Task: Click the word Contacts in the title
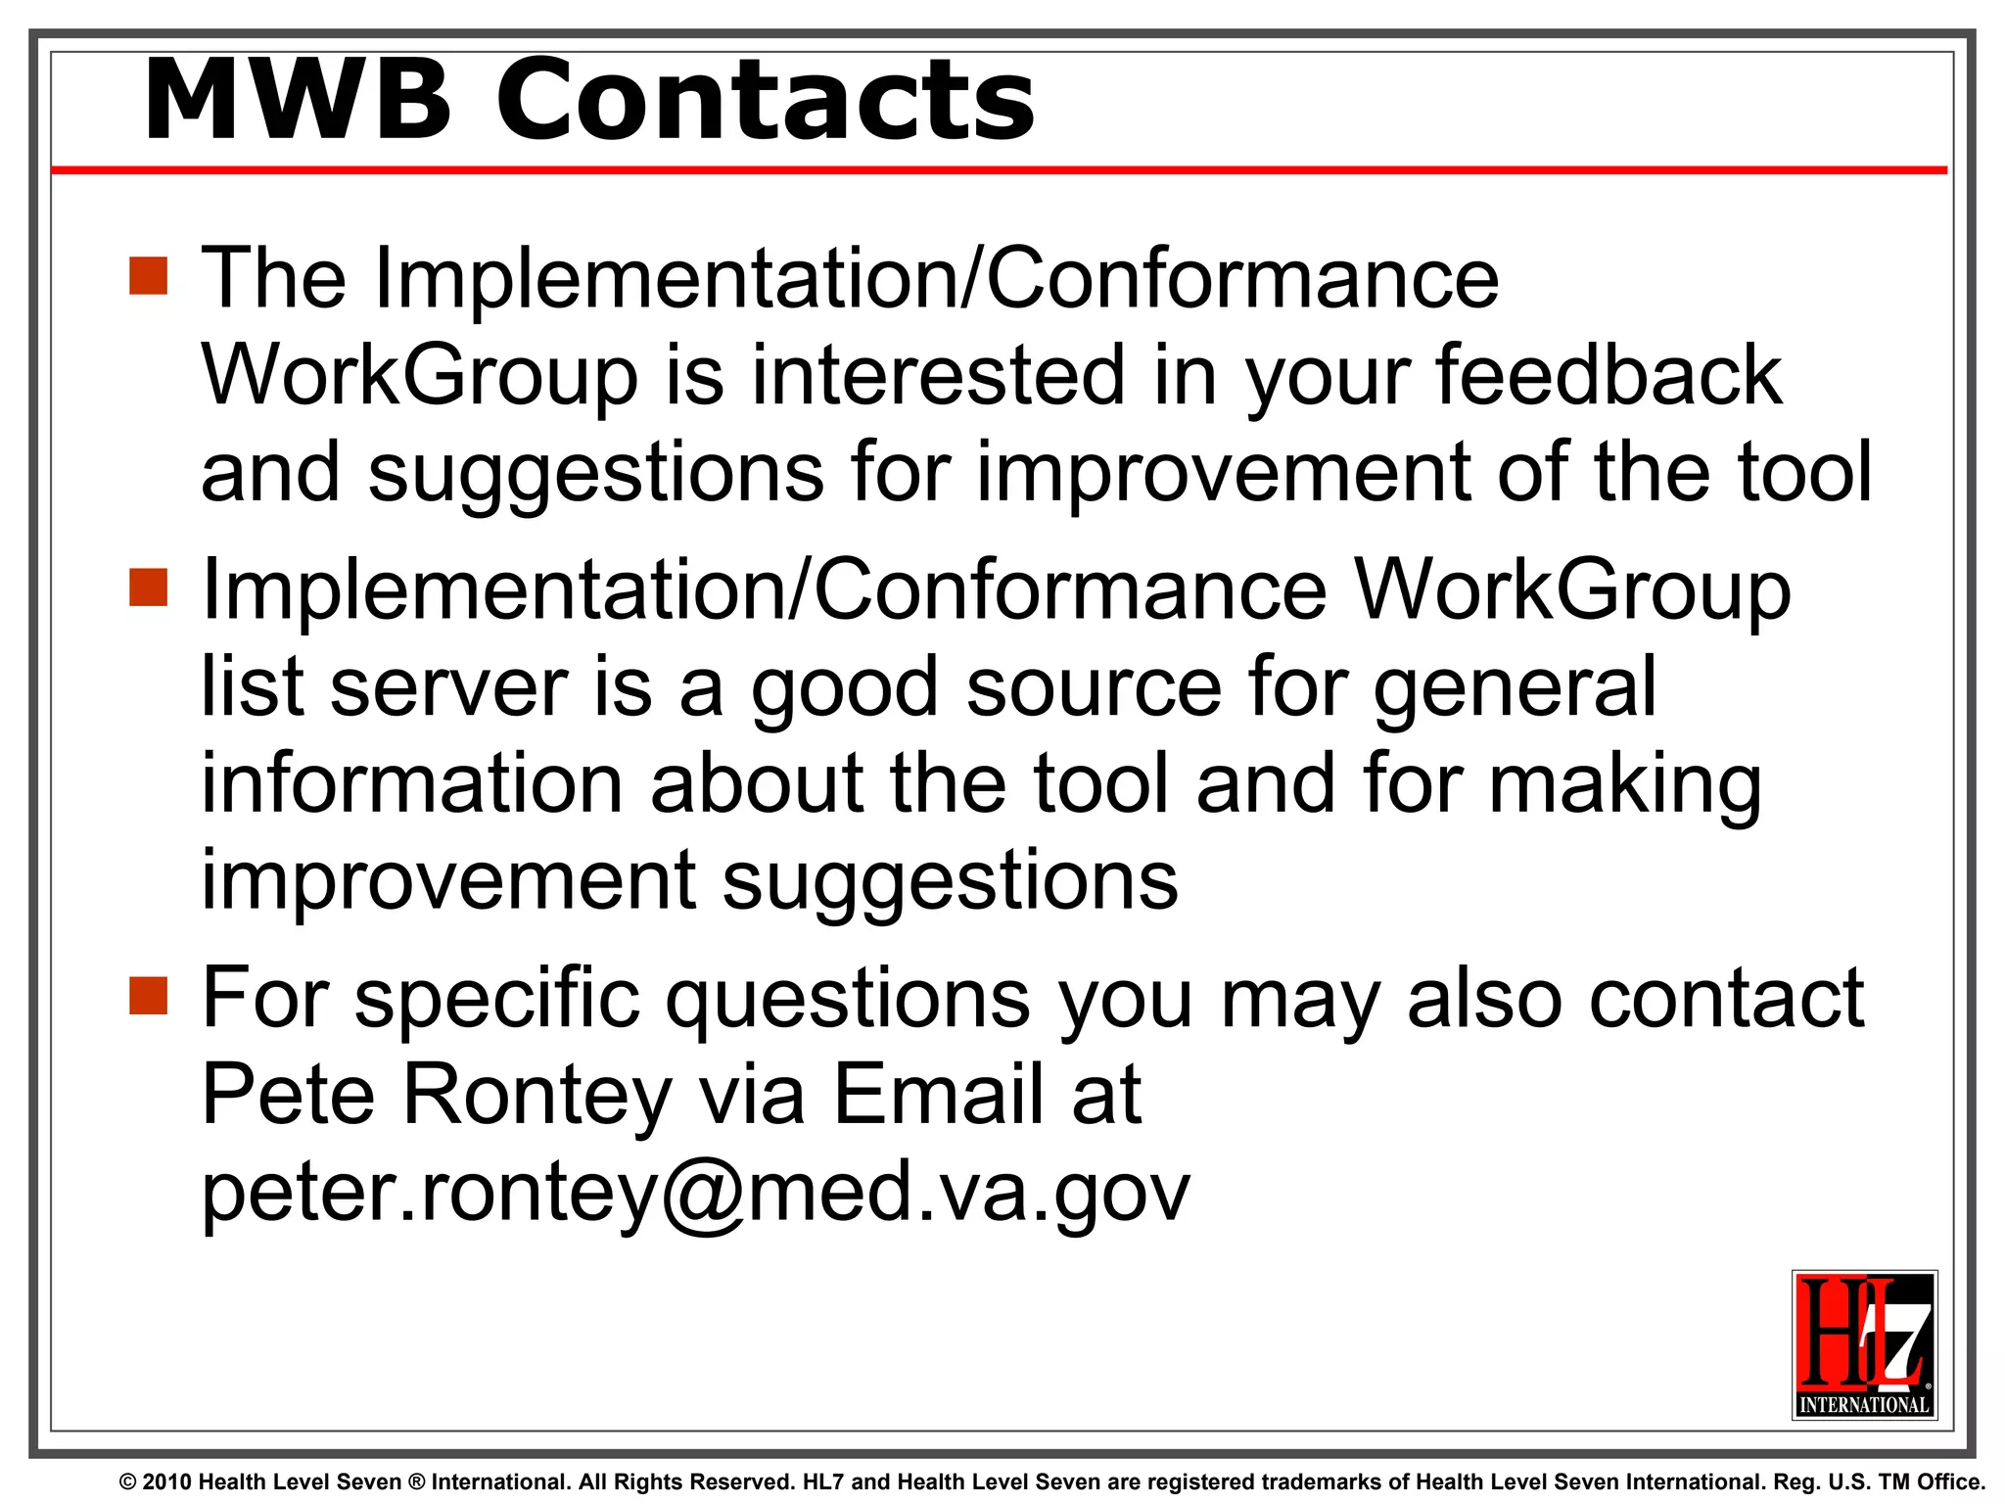(x=766, y=101)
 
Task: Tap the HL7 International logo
(x=1864, y=1344)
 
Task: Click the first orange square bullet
(x=149, y=276)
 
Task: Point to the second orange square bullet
(x=149, y=587)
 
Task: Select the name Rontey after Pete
(x=537, y=1095)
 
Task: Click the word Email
(x=938, y=1095)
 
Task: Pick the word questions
(x=848, y=999)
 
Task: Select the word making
(x=1625, y=786)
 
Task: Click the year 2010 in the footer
(x=167, y=1482)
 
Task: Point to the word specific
(x=496, y=999)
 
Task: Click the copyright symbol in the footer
(x=127, y=1482)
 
